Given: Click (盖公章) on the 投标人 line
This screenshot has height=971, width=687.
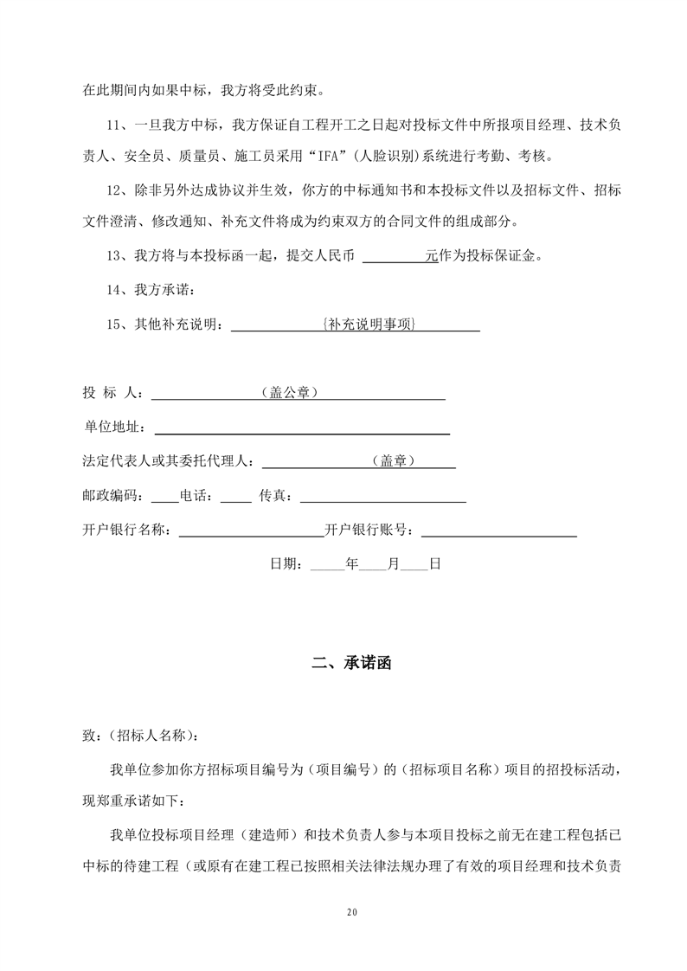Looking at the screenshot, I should [288, 393].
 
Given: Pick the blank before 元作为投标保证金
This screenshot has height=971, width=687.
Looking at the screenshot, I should [394, 256].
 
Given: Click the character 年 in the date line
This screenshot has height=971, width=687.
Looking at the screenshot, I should [351, 563].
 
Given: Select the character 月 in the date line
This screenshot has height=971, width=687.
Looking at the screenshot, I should [393, 563].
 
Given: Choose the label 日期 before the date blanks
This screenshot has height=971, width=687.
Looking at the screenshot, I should [285, 563].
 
